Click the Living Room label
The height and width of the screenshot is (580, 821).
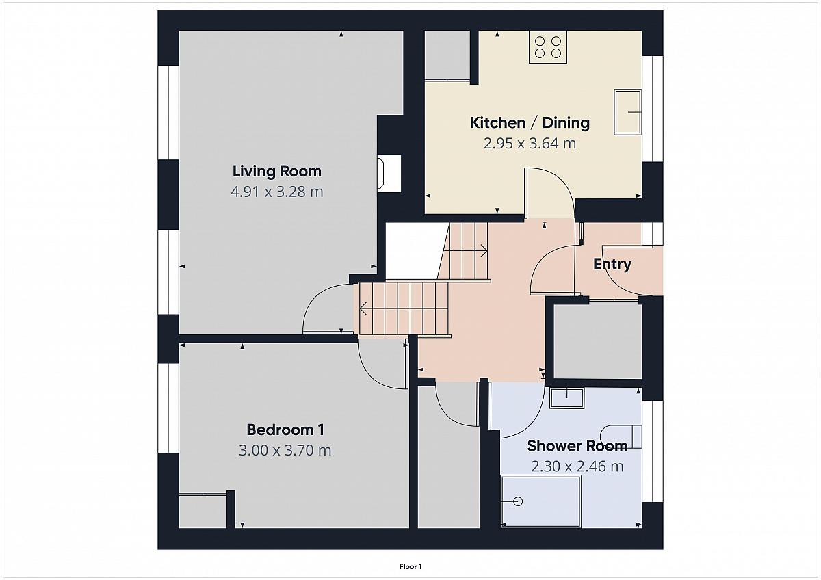[276, 172]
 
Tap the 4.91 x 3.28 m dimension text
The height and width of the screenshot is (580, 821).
[276, 192]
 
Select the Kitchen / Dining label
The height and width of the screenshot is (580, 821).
[530, 122]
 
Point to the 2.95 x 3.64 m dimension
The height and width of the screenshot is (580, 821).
[530, 143]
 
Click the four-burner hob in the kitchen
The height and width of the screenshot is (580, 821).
[548, 47]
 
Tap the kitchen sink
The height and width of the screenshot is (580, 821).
[628, 112]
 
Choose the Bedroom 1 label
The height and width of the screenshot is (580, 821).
[285, 430]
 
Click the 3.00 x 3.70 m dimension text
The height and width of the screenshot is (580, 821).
[285, 450]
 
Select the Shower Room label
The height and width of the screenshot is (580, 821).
[577, 446]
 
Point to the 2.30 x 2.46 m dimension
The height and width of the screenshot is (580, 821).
[577, 466]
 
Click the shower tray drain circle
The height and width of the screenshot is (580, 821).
[518, 501]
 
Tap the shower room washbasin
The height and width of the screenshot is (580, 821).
[566, 398]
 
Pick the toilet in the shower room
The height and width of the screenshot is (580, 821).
[621, 437]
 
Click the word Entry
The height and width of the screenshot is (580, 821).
[612, 265]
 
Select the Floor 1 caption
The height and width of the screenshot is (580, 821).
[410, 566]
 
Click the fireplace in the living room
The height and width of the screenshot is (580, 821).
[389, 173]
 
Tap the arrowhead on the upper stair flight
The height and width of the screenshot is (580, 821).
[484, 251]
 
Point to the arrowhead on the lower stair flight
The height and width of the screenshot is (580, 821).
[363, 308]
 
